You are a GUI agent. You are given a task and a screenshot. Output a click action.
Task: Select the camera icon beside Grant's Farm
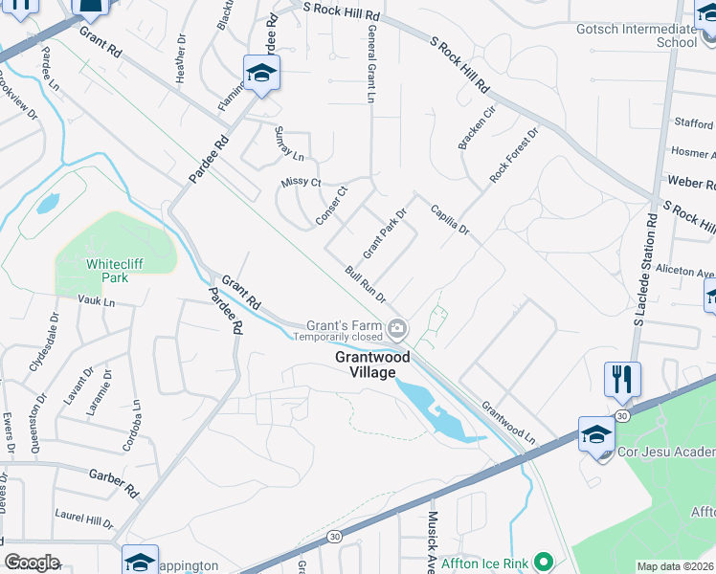point(397,330)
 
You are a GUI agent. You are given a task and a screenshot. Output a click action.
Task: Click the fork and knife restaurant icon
point(622,379)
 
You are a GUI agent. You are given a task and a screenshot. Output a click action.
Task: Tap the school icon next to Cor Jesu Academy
point(595,435)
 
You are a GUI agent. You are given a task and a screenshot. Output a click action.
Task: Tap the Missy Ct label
point(301,182)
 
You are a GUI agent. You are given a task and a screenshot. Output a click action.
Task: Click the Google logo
point(32,563)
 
